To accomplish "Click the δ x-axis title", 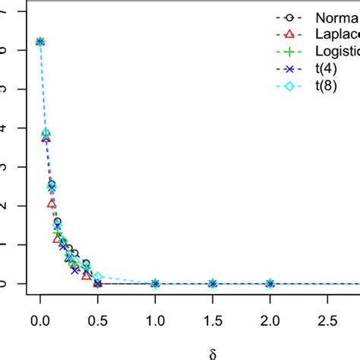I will coord(212,352).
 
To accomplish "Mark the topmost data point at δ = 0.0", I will coord(40,42).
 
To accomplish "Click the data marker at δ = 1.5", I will coord(213,283).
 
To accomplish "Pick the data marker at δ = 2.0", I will coord(270,283).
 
